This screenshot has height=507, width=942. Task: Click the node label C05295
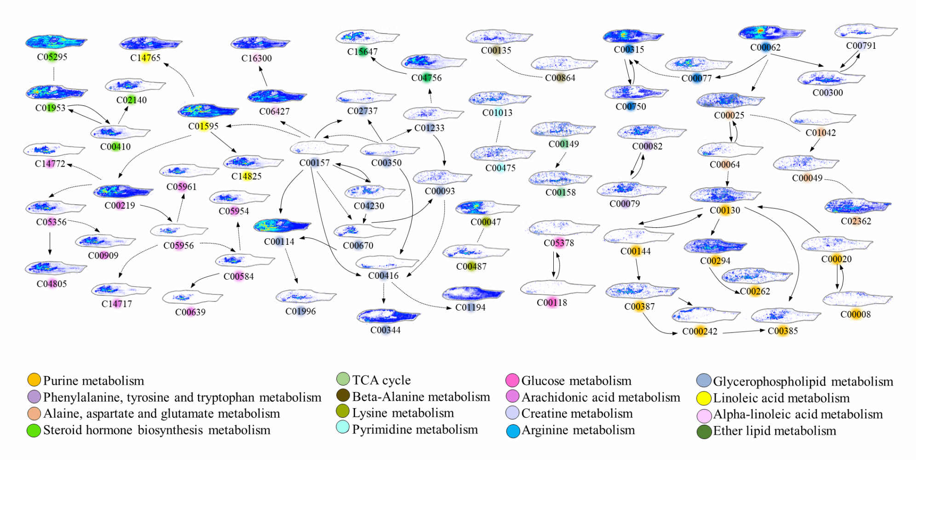tap(52, 57)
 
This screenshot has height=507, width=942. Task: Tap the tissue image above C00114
tap(281, 225)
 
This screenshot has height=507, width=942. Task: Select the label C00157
tap(315, 163)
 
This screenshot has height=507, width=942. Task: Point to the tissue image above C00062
tap(771, 32)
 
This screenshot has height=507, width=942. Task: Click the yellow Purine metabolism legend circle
tap(34, 380)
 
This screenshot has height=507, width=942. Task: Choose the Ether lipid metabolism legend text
tap(775, 431)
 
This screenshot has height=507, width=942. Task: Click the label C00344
tap(385, 330)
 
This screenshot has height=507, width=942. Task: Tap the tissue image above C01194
tap(472, 293)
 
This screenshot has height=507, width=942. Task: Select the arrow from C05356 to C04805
tap(50, 243)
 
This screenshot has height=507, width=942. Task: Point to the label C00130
tap(725, 210)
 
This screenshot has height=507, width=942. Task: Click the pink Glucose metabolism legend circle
tap(512, 380)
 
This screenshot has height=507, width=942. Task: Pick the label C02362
tap(856, 221)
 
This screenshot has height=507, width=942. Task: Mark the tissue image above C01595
tap(208, 110)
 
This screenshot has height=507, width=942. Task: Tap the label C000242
tap(700, 331)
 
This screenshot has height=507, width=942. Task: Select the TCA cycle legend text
tap(381, 380)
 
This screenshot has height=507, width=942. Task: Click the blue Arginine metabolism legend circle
tap(513, 431)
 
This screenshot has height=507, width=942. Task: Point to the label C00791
tap(861, 46)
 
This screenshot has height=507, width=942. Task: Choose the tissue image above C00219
tap(123, 191)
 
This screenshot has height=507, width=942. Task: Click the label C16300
tap(257, 58)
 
